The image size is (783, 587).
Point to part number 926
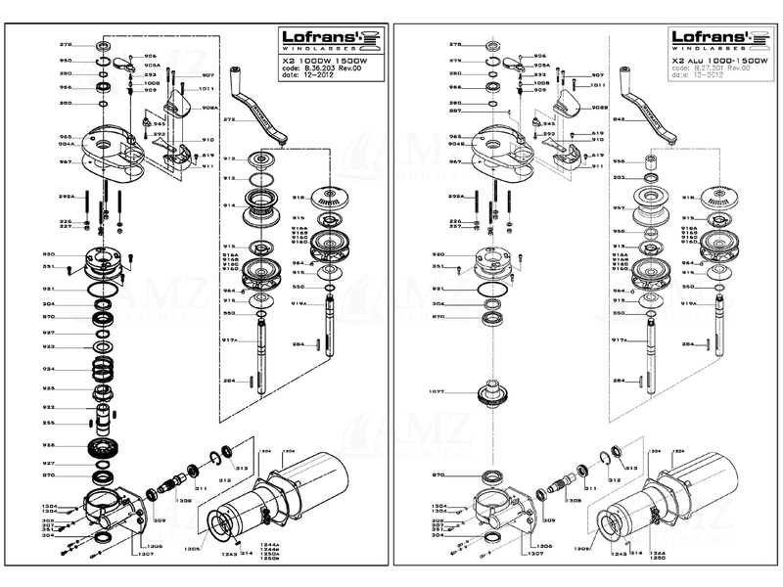[x=48, y=445]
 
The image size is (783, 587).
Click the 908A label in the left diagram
[x=208, y=107]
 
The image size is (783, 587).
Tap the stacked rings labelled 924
[x=102, y=370]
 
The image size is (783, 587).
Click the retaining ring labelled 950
[x=102, y=61]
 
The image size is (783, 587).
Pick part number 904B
[x=428, y=143]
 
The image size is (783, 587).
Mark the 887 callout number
[x=428, y=110]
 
